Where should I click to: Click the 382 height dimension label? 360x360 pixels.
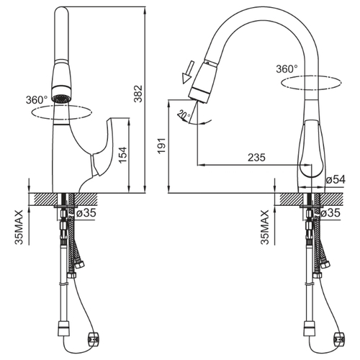point(138,94)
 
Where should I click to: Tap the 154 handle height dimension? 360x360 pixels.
point(123,155)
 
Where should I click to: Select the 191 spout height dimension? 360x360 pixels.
point(162,145)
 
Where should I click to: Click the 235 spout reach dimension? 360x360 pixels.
point(256,158)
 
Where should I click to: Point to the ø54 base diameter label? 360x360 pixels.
point(336,179)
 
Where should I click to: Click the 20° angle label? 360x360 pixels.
point(184,115)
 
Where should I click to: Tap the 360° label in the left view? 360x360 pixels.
point(37,100)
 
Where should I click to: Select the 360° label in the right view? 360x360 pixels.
point(287,69)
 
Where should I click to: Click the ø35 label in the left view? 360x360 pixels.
point(86,212)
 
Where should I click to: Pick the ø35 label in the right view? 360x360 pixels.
point(330,212)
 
